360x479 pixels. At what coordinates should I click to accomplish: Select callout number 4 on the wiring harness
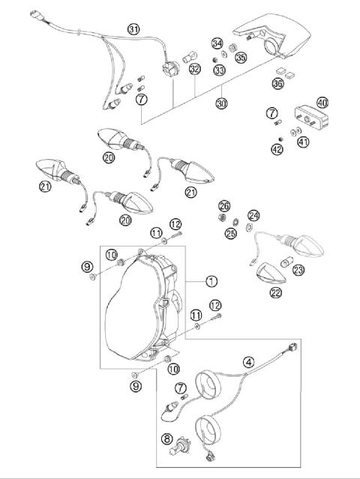[x=248, y=361]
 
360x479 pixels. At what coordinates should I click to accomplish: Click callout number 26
[x=223, y=206]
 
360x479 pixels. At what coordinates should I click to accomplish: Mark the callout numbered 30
[x=221, y=103]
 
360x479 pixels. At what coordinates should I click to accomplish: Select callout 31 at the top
[x=133, y=29]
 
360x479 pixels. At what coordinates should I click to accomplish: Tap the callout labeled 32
[x=194, y=70]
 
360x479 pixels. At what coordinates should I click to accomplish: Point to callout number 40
[x=323, y=102]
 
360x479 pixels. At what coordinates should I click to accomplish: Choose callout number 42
[x=278, y=149]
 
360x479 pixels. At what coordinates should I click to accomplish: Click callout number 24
[x=253, y=215]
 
